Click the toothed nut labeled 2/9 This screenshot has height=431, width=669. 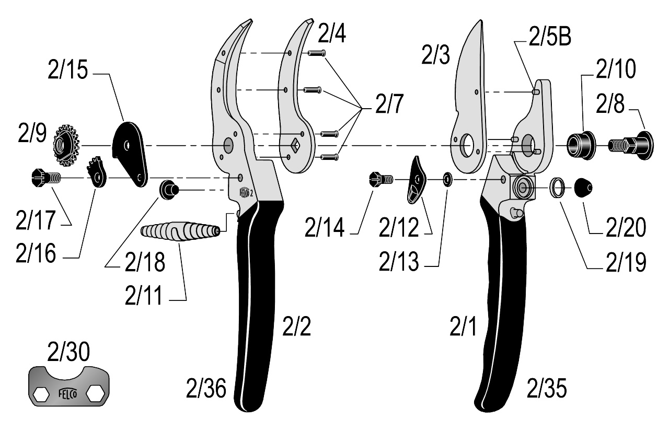tap(66, 144)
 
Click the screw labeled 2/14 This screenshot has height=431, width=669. tap(380, 179)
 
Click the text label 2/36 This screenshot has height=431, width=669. tap(206, 389)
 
